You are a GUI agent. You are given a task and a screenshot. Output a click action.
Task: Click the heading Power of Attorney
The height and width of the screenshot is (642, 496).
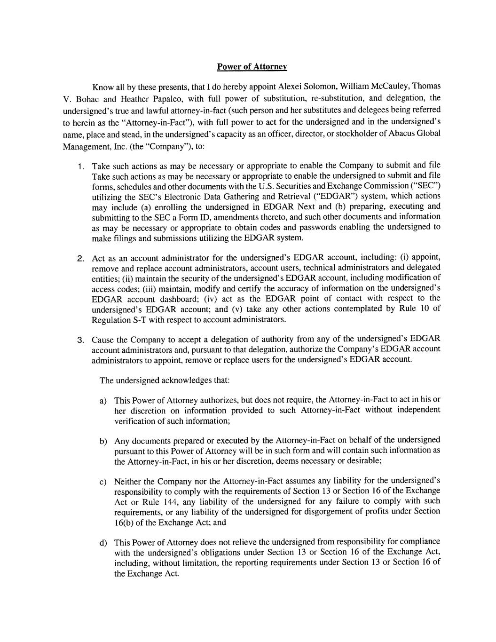click(x=252, y=67)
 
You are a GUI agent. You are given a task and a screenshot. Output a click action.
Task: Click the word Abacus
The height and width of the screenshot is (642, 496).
click(x=402, y=133)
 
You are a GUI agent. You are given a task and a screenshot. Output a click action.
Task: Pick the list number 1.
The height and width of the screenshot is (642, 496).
click(x=81, y=166)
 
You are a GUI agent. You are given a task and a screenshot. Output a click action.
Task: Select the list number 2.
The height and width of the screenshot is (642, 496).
click(x=81, y=258)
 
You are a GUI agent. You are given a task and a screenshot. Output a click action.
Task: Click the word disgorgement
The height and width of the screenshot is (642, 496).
click(x=315, y=511)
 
